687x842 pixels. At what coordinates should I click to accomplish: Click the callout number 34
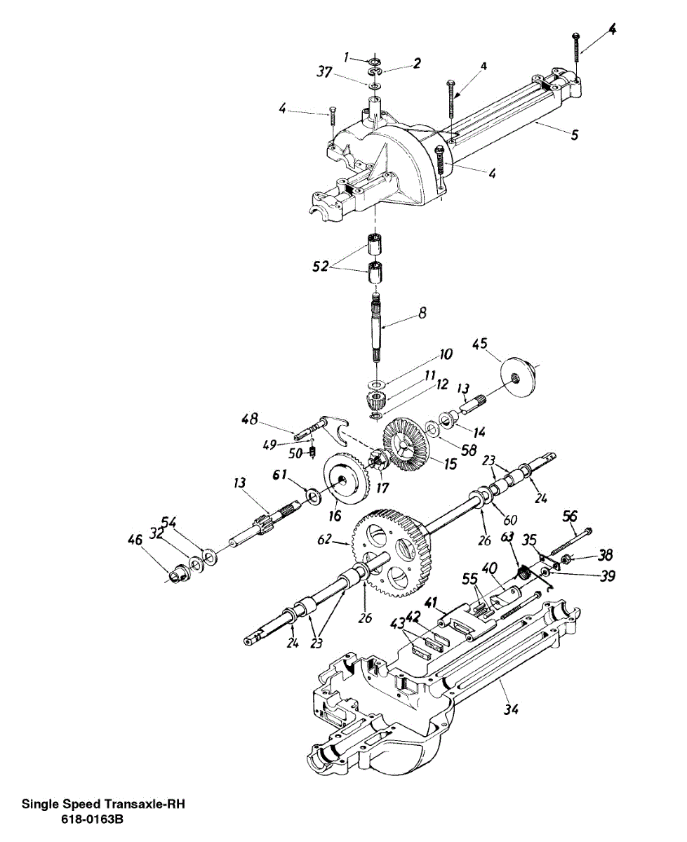511,709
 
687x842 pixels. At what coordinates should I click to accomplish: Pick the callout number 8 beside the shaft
422,314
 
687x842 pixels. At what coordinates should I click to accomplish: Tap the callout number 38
604,555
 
